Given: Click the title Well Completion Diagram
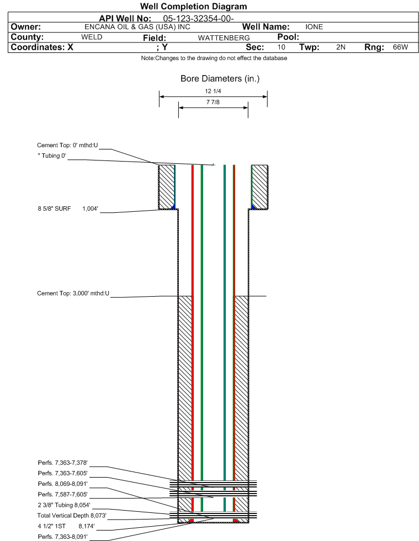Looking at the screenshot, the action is click(x=193, y=6).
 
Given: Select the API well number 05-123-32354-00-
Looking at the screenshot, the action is click(x=198, y=19).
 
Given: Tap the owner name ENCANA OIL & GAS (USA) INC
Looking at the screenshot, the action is click(x=137, y=27).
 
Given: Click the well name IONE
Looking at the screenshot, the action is click(x=314, y=27).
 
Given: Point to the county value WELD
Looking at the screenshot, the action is click(x=92, y=37).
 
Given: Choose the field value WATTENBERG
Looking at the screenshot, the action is click(x=224, y=38).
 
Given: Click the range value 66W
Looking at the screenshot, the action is click(x=400, y=47).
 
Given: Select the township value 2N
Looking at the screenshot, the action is click(x=341, y=47).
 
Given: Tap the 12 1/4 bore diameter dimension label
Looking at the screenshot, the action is click(x=213, y=91).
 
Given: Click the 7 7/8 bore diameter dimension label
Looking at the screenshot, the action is click(x=213, y=102).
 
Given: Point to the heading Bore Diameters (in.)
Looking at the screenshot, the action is click(x=220, y=79).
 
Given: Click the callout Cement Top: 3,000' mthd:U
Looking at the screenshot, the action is click(x=73, y=293).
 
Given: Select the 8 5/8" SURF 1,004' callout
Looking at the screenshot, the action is click(x=68, y=208).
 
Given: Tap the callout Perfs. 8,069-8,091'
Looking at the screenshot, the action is click(x=62, y=484).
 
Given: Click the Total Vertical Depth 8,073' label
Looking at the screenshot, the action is click(x=72, y=516).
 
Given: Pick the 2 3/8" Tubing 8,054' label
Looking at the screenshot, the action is click(x=64, y=505).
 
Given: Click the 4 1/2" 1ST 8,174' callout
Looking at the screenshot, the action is click(x=66, y=526).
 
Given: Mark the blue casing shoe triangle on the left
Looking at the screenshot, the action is click(x=173, y=207).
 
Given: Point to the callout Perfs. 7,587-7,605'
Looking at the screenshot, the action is click(x=62, y=495).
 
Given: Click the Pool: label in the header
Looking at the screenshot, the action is click(x=288, y=37).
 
